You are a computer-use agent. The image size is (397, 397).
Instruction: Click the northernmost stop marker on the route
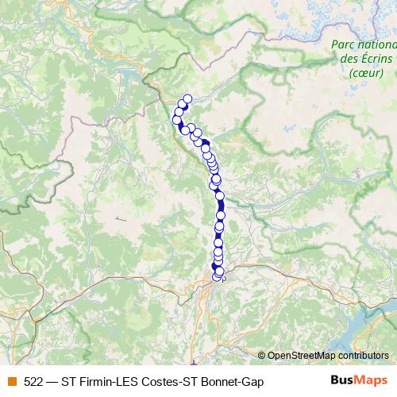click(x=187, y=99)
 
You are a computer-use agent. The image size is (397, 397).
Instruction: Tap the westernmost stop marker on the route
click(x=177, y=119)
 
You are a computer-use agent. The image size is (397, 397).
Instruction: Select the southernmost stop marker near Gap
click(x=217, y=276)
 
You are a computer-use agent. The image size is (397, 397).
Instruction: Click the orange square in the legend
click(x=12, y=381)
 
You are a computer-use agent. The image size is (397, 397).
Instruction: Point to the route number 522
click(x=33, y=381)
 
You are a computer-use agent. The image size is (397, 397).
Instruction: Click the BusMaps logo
click(x=359, y=380)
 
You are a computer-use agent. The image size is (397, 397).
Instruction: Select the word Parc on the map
click(x=344, y=45)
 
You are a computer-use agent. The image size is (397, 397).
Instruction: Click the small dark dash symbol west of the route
click(x=120, y=218)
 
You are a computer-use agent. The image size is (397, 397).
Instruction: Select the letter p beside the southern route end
click(x=224, y=279)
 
